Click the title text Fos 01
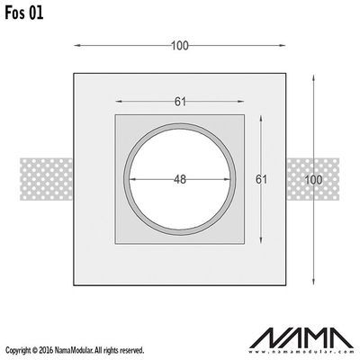point(24,13)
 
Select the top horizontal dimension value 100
point(180,46)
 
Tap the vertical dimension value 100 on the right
point(313,180)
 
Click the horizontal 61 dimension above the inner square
point(180,102)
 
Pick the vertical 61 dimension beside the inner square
point(261,179)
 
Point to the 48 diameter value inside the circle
point(180,179)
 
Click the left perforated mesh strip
point(47,179)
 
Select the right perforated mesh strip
point(313,179)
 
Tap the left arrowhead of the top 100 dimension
point(77,46)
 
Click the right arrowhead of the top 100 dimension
point(282,46)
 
